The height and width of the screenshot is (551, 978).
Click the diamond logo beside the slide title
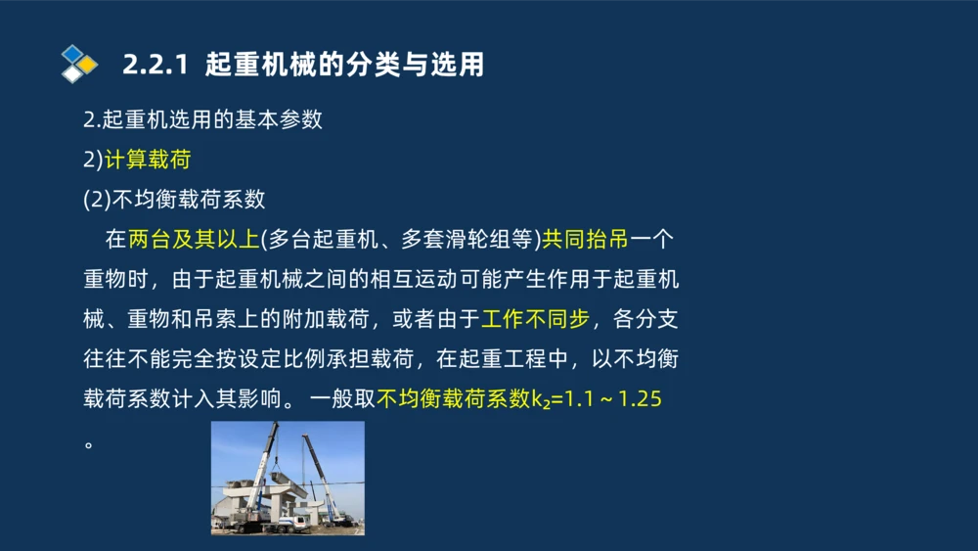click(x=79, y=64)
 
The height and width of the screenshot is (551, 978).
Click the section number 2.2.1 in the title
click(x=155, y=66)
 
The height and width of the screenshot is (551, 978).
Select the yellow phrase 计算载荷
click(x=148, y=160)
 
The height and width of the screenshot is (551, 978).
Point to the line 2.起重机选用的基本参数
click(x=202, y=120)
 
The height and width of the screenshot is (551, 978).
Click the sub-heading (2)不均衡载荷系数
click(x=174, y=200)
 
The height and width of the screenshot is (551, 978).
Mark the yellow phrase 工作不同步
click(x=535, y=320)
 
